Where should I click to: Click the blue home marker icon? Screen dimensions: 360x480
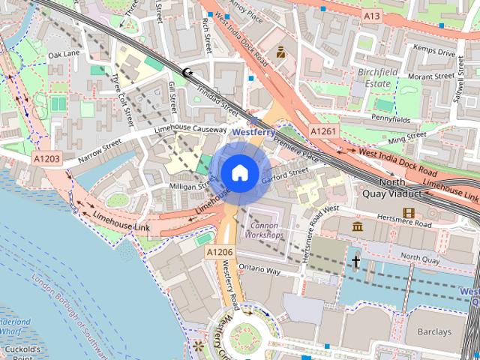[x=239, y=173]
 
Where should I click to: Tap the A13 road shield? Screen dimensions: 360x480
[x=372, y=15]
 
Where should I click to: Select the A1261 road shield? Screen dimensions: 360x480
[x=324, y=132]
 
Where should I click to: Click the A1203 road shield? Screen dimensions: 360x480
[x=46, y=159]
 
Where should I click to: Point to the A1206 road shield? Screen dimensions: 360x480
[x=220, y=253]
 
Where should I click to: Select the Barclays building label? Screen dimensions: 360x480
[x=434, y=331]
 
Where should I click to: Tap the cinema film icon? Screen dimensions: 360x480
[x=409, y=212]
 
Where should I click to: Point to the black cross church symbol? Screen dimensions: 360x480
[x=355, y=261]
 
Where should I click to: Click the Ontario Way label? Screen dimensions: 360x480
[x=259, y=268]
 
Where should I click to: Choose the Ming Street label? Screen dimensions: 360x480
[x=407, y=136]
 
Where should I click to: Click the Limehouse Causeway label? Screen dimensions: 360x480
[x=190, y=130]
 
